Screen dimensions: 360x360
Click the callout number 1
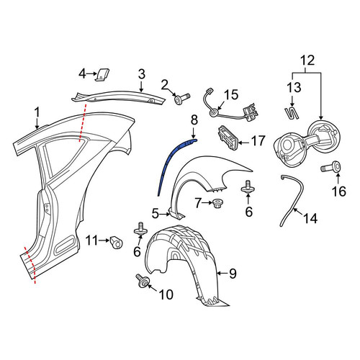coord(37,113)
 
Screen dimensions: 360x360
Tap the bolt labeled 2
coord(182,99)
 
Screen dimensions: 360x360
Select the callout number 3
coord(142,74)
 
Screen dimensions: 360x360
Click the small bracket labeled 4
coord(102,75)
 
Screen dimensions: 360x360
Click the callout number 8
coord(194,120)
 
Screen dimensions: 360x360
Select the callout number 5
coord(156,213)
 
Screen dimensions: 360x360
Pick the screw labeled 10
coord(143,281)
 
